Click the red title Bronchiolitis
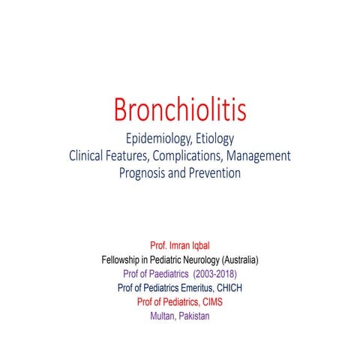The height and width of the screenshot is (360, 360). (x=179, y=110)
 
